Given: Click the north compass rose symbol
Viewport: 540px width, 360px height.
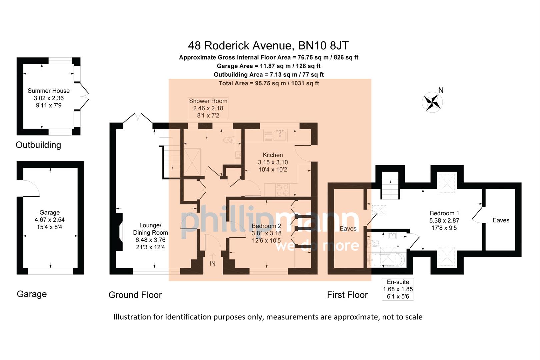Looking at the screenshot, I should click(x=432, y=102).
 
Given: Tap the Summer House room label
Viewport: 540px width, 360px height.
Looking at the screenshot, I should click(x=48, y=91).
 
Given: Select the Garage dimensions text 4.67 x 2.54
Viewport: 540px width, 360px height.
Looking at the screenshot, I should click(x=49, y=220).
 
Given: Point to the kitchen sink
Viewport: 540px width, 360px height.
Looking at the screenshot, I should click(x=280, y=135).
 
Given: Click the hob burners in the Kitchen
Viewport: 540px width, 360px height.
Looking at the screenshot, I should click(x=282, y=190).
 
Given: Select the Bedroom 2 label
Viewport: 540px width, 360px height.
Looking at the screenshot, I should click(x=266, y=226).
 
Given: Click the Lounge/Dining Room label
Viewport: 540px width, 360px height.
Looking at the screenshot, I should click(x=150, y=229).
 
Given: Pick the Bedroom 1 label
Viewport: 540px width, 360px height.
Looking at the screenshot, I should click(x=444, y=213).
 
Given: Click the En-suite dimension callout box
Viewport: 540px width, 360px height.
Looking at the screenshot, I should click(x=398, y=289).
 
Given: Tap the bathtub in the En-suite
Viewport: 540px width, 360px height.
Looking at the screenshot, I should click(x=387, y=260).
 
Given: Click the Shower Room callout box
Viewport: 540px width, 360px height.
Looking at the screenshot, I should click(x=208, y=108).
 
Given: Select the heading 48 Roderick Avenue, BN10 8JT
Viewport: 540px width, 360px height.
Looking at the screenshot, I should click(x=268, y=45).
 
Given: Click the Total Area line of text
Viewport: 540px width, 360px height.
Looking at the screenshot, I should click(x=268, y=83).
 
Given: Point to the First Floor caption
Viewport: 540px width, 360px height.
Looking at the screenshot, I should click(x=347, y=295).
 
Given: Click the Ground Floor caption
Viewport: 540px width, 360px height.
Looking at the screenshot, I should click(x=135, y=295).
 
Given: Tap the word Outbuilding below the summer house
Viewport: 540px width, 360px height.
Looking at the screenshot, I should click(x=38, y=145).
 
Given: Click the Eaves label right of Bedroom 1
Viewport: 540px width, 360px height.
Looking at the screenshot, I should click(x=501, y=220).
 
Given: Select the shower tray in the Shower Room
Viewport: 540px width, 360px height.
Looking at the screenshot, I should click(x=192, y=162).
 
